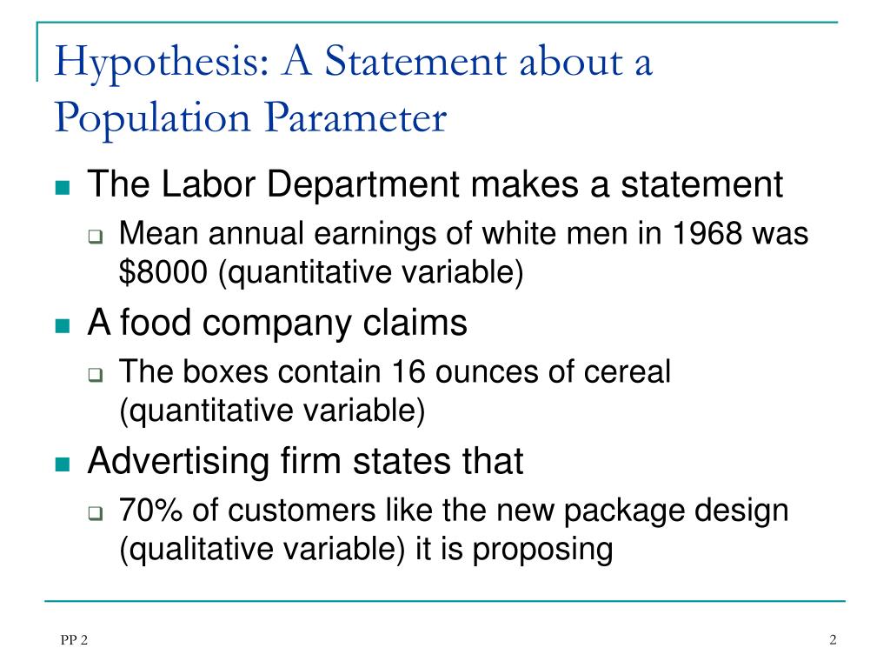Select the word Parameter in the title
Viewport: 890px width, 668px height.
[x=355, y=118]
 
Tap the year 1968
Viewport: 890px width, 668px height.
[x=707, y=233]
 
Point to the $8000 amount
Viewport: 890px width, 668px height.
[x=163, y=271]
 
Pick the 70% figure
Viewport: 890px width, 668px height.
[x=150, y=510]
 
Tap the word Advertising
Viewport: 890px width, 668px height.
[x=178, y=461]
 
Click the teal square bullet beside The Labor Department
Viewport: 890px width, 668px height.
[x=63, y=188]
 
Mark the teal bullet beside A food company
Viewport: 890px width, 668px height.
[x=63, y=325]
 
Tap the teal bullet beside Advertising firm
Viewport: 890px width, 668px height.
[x=63, y=464]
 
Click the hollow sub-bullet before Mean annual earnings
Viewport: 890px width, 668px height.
[x=96, y=237]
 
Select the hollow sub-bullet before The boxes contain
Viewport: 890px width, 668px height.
[x=96, y=375]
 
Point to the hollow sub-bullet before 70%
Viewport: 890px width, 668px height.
[x=96, y=513]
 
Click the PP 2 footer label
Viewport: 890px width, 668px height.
[x=75, y=640]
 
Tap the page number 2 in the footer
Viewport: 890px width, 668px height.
[x=833, y=639]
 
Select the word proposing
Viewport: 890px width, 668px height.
[x=542, y=550]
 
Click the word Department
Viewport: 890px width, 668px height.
[x=362, y=185]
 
